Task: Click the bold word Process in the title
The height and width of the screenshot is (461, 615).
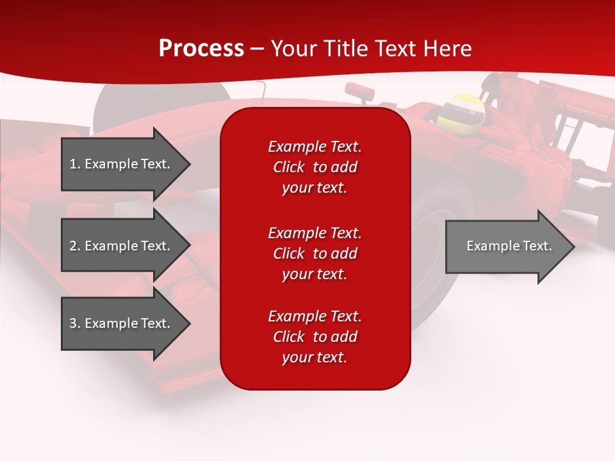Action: point(201,49)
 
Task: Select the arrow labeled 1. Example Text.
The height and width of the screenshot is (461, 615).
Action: point(122,164)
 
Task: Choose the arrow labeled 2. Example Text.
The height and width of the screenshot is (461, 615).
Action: point(122,246)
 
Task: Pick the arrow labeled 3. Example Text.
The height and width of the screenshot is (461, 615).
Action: point(122,323)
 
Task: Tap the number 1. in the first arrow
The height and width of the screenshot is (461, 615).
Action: point(75,164)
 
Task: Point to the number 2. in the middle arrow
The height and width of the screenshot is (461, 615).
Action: point(75,246)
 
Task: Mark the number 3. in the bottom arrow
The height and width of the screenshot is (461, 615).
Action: point(75,323)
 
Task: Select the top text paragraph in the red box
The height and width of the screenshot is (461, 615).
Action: point(315,167)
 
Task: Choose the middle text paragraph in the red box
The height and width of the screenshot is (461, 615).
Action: point(315,254)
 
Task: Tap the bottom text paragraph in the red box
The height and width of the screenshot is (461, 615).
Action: point(315,337)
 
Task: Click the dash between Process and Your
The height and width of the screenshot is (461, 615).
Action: point(257,49)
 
